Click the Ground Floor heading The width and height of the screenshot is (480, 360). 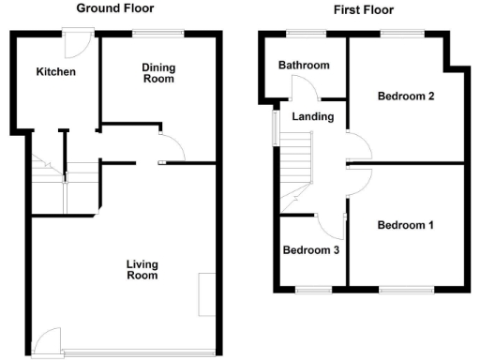(x=115, y=8)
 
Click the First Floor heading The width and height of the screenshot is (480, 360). (x=363, y=10)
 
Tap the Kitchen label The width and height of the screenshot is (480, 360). (x=55, y=72)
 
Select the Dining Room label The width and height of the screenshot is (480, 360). (x=157, y=73)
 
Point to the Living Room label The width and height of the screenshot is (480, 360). (x=142, y=270)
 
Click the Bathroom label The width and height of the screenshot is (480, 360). (x=304, y=66)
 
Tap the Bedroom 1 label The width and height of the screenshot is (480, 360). (x=405, y=225)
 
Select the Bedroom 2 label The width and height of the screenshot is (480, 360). (x=405, y=96)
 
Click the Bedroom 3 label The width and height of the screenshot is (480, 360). (x=310, y=250)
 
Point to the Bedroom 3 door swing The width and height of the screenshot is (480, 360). (x=331, y=225)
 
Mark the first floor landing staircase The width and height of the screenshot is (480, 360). (x=297, y=159)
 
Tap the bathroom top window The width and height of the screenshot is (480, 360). (x=306, y=35)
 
